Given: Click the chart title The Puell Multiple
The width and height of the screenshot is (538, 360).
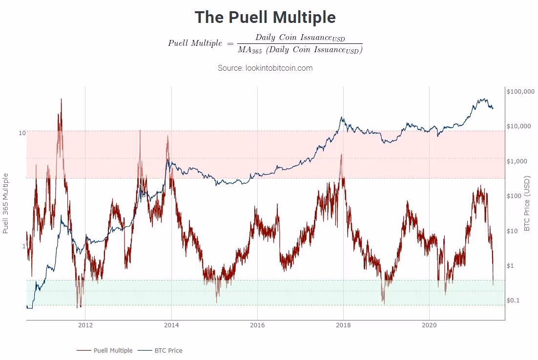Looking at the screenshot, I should [x=265, y=18].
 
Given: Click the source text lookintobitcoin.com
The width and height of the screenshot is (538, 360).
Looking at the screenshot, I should [x=265, y=68].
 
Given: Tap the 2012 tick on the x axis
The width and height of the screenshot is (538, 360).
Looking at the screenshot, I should [x=85, y=325].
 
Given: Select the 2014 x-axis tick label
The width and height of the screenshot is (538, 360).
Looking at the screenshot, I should [x=171, y=325].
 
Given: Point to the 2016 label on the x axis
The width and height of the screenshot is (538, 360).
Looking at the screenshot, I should [x=257, y=325].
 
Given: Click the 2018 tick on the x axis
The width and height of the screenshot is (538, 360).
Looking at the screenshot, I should [x=343, y=325].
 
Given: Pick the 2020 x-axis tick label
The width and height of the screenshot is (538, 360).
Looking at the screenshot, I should [x=429, y=325].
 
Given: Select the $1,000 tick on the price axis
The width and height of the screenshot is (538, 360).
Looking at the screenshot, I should [x=516, y=161].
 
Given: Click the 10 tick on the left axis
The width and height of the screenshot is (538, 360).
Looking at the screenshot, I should [x=22, y=133].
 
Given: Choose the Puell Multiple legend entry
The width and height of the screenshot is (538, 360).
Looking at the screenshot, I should [x=104, y=350].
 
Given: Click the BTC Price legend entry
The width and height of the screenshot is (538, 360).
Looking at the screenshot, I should [x=161, y=350].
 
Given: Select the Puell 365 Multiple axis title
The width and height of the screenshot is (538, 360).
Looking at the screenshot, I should [x=6, y=203].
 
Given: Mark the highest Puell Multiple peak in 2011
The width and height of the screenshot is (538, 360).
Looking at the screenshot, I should [x=61, y=99].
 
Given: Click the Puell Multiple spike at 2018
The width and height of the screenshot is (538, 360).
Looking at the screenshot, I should [x=341, y=155].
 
